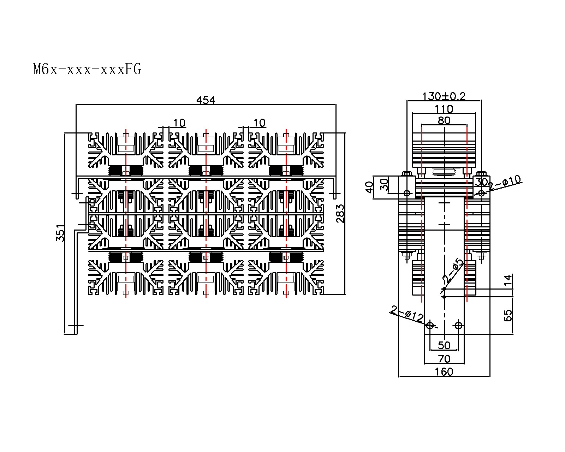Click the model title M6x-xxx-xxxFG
pos(87,70)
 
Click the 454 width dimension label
pos(206,100)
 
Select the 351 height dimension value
pos(61,233)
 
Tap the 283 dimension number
pos(340,214)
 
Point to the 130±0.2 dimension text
pos(444,96)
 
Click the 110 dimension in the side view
pos(444,109)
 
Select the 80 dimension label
pos(444,121)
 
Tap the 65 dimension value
pos(508,315)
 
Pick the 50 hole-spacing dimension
pos(444,345)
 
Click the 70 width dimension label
pos(444,359)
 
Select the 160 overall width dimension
pos(444,372)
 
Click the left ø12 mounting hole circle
pos(430,325)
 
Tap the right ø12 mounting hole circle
pos(458,325)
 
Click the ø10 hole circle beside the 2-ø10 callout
pos(481,193)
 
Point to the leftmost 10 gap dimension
pos(179,123)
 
